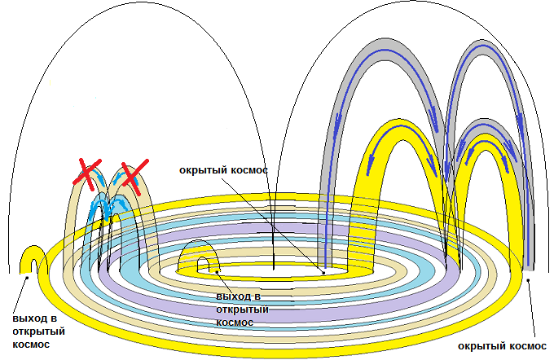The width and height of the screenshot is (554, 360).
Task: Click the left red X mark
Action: point(86,173)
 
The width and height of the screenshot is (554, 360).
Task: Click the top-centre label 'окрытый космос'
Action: point(223,172)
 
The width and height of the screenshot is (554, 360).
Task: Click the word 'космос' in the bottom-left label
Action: point(31,344)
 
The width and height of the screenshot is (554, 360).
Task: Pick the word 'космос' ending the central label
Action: point(235,322)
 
